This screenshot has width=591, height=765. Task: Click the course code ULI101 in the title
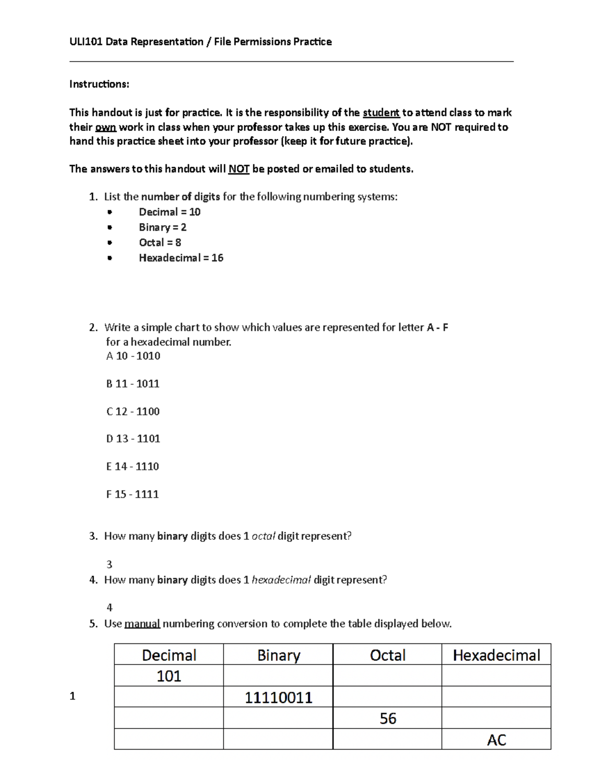[x=86, y=42]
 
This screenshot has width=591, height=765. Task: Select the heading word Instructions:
[x=99, y=84]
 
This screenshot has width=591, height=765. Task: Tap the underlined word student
[x=381, y=113]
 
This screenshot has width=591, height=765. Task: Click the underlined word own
[x=105, y=127]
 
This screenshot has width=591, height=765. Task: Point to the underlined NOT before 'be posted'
[x=239, y=169]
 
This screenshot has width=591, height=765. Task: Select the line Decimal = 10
[x=169, y=212]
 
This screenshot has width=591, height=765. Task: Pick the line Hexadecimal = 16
[x=181, y=258]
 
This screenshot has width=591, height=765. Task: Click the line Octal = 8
[x=160, y=243]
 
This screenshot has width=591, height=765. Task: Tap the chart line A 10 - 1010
[x=133, y=356]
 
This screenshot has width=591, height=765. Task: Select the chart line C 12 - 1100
[x=133, y=412]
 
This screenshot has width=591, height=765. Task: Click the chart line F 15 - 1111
[x=132, y=495]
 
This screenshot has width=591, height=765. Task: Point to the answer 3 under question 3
[x=109, y=565]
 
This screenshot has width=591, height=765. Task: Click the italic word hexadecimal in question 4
[x=281, y=580]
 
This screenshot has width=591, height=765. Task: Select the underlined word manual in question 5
[x=142, y=624]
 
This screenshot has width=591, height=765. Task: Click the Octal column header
[x=388, y=655]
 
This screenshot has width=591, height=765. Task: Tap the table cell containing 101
[x=169, y=676]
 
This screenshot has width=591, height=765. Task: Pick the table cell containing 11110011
[x=278, y=698]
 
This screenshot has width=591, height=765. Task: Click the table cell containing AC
[x=496, y=740]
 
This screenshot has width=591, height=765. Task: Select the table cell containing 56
[x=388, y=719]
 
